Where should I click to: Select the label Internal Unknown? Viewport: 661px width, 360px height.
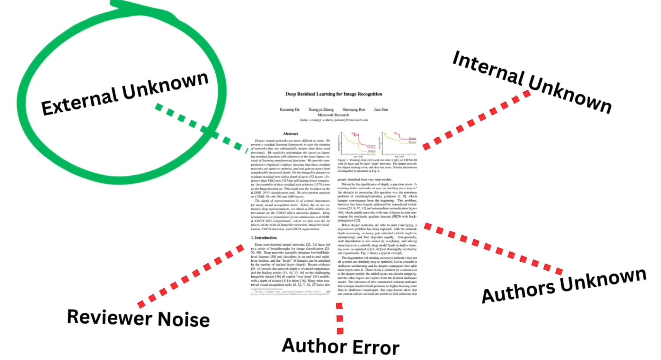click(532, 82)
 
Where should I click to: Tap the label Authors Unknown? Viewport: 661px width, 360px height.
click(564, 285)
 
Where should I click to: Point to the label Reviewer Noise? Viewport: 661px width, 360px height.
click(138, 318)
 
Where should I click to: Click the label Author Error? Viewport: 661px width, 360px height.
click(340, 346)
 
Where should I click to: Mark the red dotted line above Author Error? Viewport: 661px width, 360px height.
click(340, 318)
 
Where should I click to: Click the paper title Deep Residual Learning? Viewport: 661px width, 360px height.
click(333, 94)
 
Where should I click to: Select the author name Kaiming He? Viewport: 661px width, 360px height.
click(290, 110)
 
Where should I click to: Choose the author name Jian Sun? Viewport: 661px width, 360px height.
click(381, 110)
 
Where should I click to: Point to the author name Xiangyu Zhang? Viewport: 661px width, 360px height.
click(321, 110)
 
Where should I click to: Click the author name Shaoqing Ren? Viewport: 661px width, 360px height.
click(354, 110)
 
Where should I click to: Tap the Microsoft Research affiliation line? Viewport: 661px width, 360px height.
click(333, 115)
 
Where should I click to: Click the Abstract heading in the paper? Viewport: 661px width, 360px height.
click(290, 134)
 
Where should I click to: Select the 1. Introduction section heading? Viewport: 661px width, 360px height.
click(264, 238)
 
